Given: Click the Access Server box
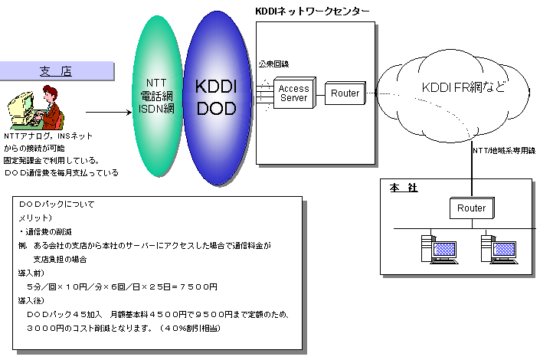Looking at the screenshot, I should (293, 93).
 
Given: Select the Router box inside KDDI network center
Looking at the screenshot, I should (345, 93).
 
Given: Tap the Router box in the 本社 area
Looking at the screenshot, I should (471, 208).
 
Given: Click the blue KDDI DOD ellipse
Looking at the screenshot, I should (216, 99).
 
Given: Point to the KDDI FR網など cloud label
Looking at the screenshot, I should (464, 87).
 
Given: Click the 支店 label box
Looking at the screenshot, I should (55, 72).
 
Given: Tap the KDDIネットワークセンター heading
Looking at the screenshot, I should (312, 11).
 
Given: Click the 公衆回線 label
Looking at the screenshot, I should (273, 64).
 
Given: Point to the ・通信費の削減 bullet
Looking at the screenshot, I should (46, 231).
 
